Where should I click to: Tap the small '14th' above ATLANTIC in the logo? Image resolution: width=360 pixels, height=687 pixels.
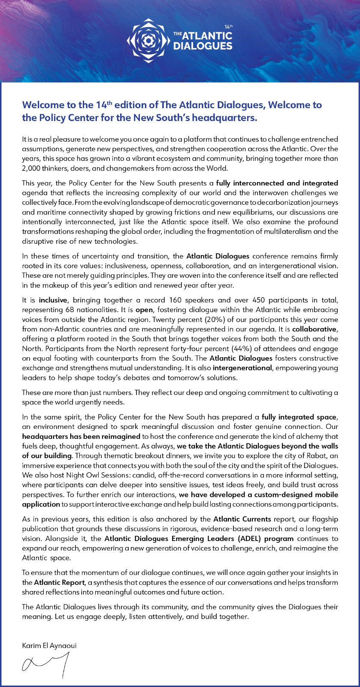click(x=228, y=27)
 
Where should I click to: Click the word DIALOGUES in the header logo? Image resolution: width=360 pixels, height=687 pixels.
click(x=203, y=46)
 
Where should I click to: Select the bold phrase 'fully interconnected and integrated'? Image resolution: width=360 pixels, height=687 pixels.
click(x=277, y=183)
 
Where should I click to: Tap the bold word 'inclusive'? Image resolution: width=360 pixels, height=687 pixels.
click(x=53, y=300)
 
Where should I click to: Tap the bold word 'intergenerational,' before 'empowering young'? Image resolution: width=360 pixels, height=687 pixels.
click(x=243, y=368)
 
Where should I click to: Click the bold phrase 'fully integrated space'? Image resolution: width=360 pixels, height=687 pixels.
click(x=299, y=417)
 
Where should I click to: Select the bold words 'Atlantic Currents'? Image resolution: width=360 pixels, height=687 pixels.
click(x=242, y=519)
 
